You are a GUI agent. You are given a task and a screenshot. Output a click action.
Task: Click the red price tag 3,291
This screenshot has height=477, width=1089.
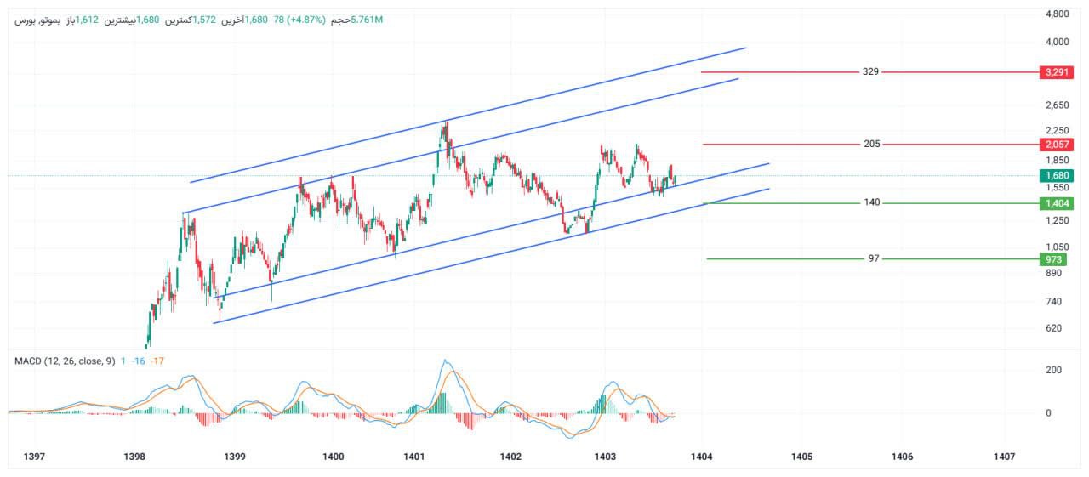[1056, 72]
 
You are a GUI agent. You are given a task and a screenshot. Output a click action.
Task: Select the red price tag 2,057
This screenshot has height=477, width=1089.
[1056, 145]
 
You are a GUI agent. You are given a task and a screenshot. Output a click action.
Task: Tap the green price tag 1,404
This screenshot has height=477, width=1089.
[1056, 203]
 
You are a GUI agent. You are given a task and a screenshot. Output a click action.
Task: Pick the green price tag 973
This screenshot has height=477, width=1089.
[1056, 259]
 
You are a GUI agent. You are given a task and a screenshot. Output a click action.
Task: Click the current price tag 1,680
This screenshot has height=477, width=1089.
[1056, 176]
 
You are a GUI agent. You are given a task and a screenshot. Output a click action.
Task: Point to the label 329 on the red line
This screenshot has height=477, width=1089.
[870, 72]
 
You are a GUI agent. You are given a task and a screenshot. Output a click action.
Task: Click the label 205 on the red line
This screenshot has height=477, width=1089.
[871, 145]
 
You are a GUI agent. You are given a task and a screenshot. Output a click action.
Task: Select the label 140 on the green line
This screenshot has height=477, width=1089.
[871, 203]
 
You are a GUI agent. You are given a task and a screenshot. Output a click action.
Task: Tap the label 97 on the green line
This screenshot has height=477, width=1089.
[873, 258]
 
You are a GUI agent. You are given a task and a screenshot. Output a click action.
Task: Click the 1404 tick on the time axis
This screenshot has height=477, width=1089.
[702, 457]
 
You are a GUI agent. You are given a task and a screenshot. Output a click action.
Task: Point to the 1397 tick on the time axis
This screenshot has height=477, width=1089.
[34, 457]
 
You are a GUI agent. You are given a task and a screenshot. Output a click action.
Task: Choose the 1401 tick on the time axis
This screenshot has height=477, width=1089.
[414, 457]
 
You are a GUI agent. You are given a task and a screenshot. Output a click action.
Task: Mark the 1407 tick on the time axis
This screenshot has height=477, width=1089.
[1004, 457]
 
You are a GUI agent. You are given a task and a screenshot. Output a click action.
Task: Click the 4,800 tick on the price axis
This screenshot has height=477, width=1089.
[1057, 14]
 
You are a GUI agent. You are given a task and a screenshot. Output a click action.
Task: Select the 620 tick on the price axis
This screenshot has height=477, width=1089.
[1055, 328]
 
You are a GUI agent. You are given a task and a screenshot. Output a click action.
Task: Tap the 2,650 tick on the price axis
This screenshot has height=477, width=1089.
[1057, 105]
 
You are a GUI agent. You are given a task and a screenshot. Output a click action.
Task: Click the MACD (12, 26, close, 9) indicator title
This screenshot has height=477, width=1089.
[65, 361]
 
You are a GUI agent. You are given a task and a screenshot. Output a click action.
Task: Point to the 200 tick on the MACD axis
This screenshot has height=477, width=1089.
[1053, 370]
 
